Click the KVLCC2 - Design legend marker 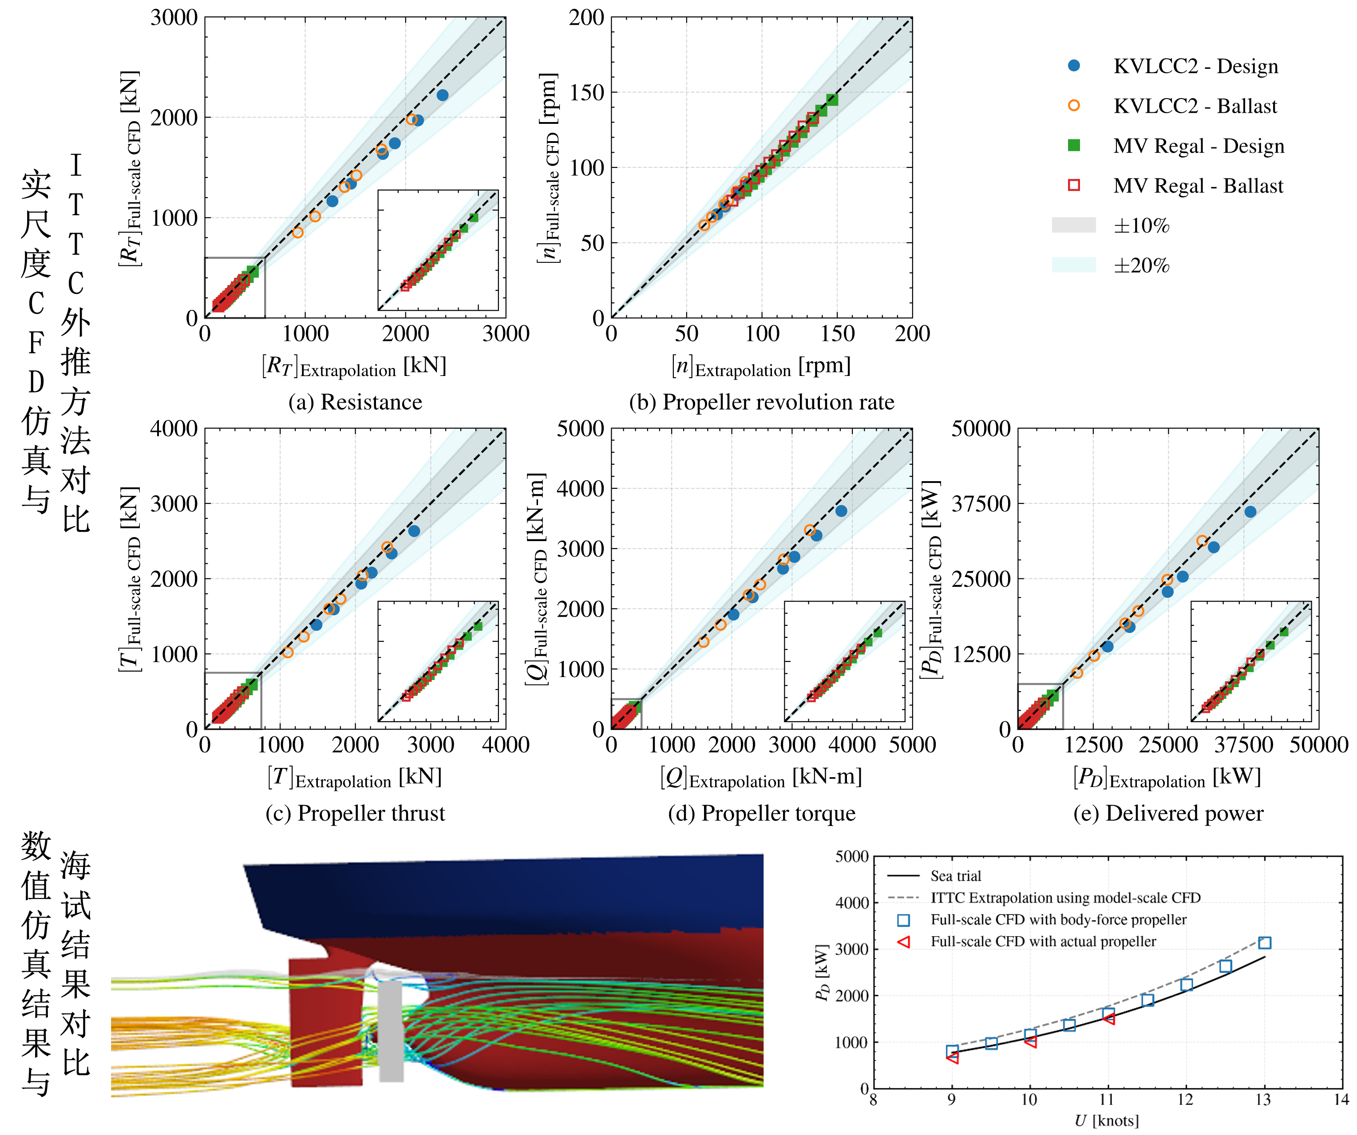point(1074,65)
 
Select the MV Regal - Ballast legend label point(1198,186)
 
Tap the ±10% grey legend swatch point(1074,225)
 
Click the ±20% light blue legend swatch point(1074,265)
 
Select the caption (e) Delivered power point(1168,813)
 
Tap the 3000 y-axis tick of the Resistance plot point(174,17)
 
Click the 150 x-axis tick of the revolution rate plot point(838,333)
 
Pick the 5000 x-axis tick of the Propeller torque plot point(912,745)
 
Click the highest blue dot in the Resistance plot point(443,95)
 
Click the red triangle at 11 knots point(1109,1018)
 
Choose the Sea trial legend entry point(934,876)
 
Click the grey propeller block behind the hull point(391,1031)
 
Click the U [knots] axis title point(1106,1120)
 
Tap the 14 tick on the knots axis point(1341,1099)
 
